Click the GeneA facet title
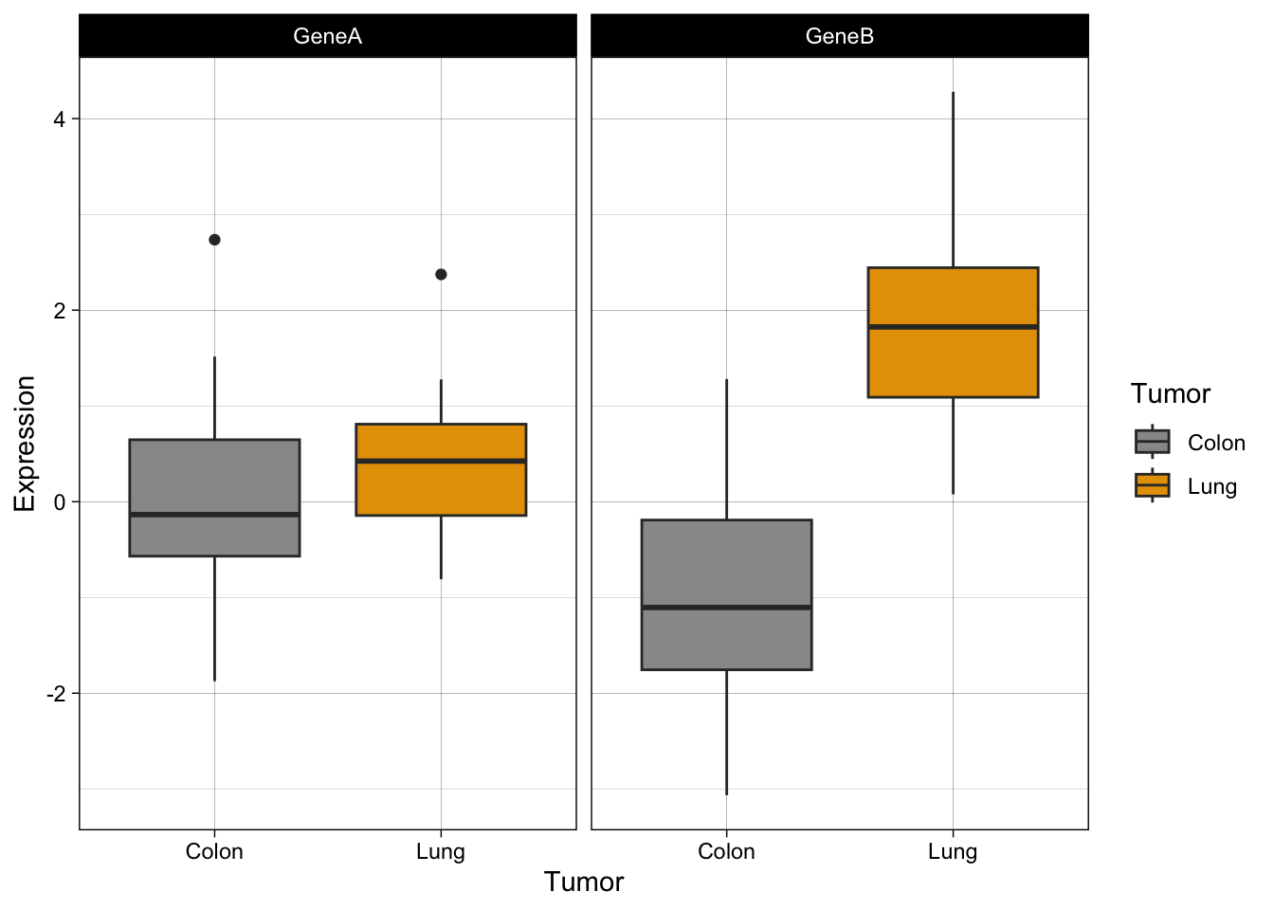327,36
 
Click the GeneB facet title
839,36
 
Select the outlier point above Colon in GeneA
214,240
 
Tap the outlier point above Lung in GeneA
441,274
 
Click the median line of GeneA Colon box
214,514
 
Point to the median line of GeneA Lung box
441,461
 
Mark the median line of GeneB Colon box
726,607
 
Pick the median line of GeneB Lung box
953,326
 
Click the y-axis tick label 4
60,119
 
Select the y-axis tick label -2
56,694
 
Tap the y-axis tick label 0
60,502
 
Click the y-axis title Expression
25,444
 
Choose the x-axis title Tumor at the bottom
584,882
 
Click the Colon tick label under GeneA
214,851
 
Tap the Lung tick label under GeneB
953,851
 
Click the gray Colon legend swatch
1152,442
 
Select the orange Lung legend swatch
1152,485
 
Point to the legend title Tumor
1171,393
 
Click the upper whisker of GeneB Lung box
953,180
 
